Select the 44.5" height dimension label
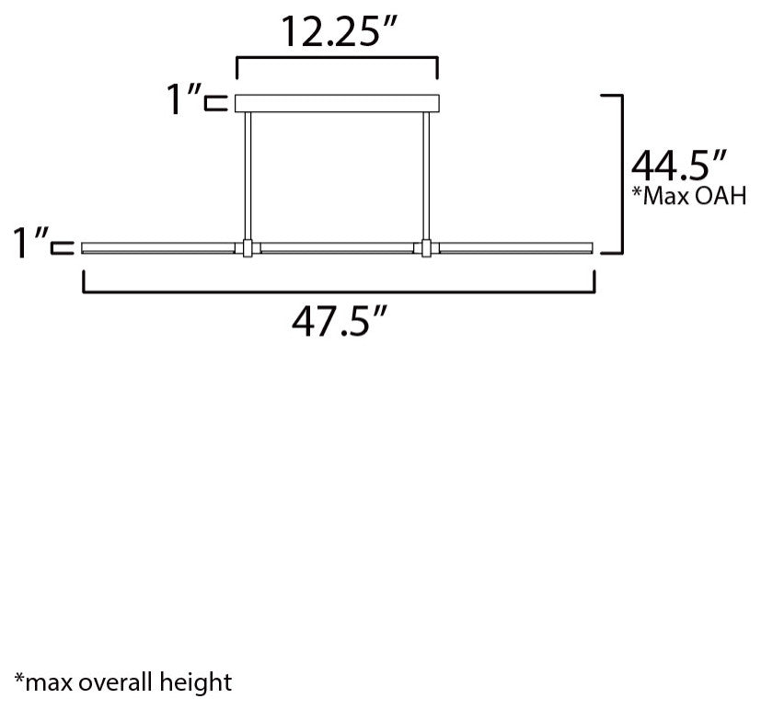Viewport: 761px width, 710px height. click(x=680, y=168)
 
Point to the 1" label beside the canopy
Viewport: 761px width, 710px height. click(x=183, y=100)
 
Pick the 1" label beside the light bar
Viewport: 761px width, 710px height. click(x=29, y=245)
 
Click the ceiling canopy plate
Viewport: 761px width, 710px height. click(x=339, y=103)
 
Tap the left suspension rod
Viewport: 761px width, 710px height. click(x=247, y=175)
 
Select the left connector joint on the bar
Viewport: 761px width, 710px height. click(x=247, y=247)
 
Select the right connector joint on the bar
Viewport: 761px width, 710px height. click(x=426, y=247)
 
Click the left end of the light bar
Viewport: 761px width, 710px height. click(x=87, y=247)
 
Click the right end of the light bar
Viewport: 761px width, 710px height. click(x=590, y=247)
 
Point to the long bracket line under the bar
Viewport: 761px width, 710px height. click(x=339, y=292)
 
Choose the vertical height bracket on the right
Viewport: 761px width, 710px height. click(x=622, y=173)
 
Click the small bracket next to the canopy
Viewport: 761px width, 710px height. click(x=217, y=103)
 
